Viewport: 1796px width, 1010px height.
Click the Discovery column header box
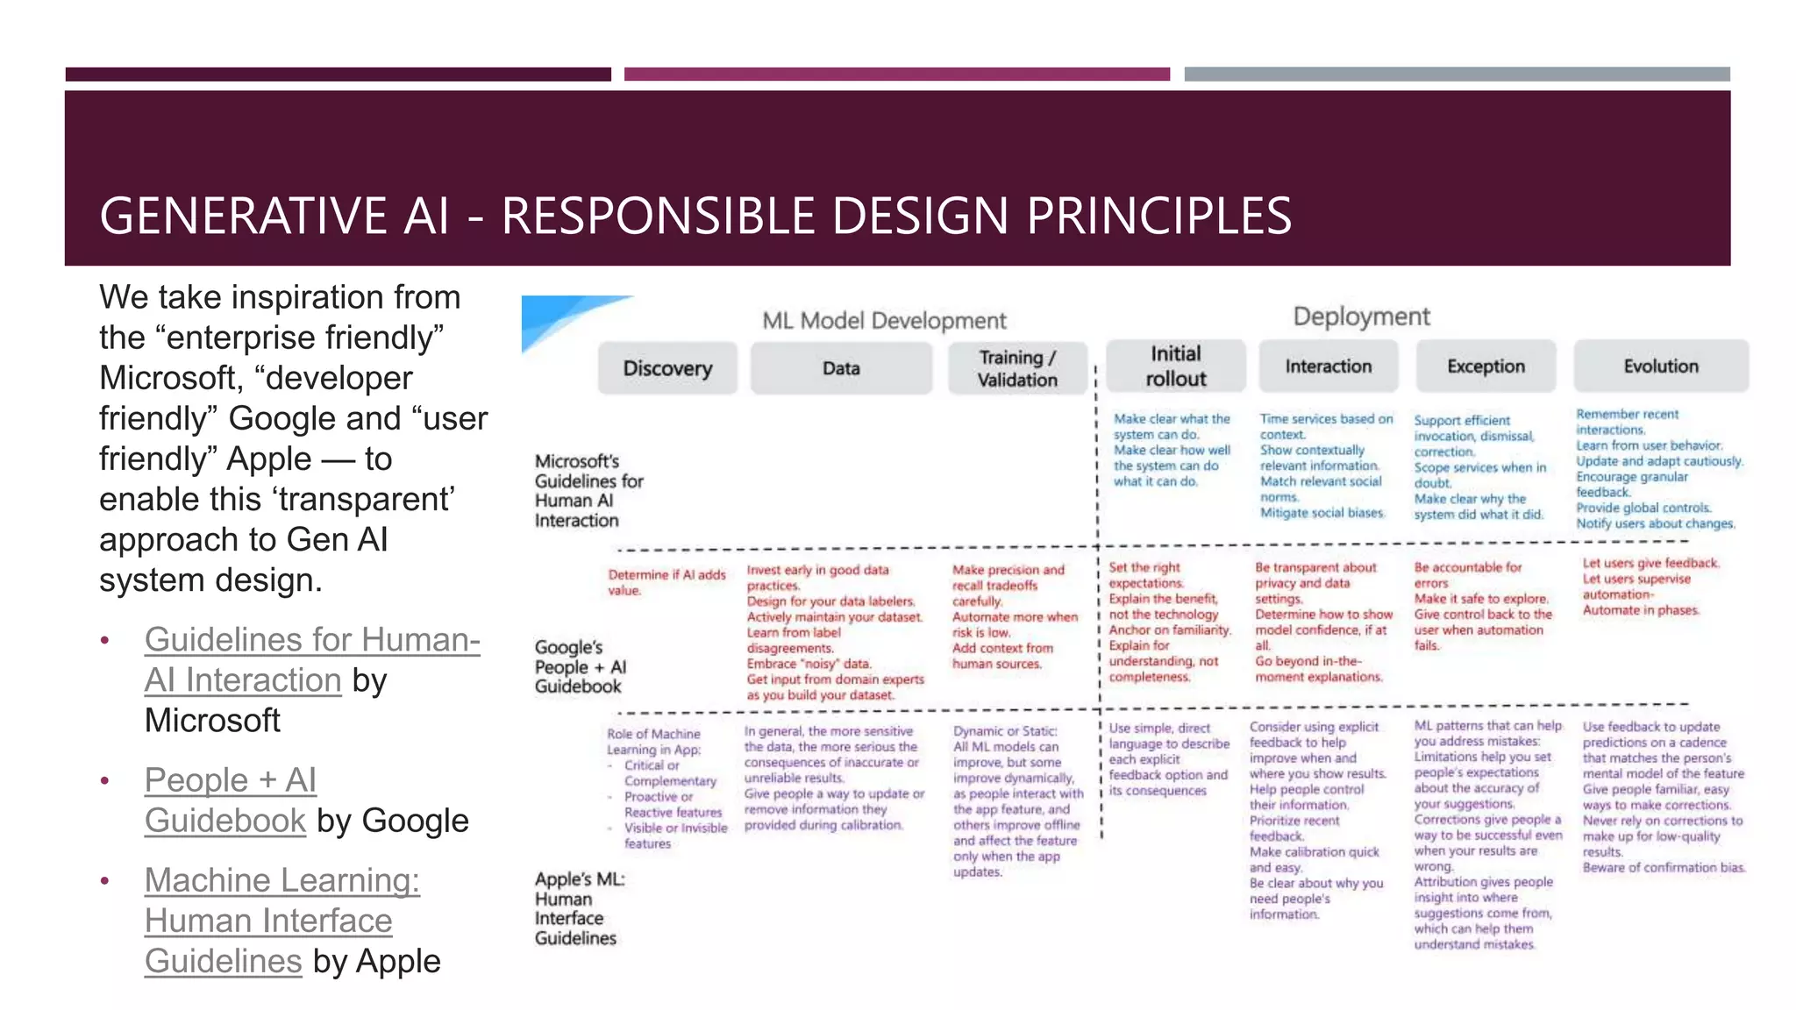click(x=667, y=368)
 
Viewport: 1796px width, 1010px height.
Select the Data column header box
click(x=841, y=368)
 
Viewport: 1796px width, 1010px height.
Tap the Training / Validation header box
click(x=1017, y=368)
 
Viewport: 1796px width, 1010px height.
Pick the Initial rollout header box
click(x=1175, y=366)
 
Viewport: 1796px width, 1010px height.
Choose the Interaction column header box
click(x=1329, y=366)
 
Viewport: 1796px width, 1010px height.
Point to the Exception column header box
click(x=1486, y=366)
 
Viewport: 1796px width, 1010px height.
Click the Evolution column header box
click(x=1660, y=366)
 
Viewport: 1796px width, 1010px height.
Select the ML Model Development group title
click(x=884, y=321)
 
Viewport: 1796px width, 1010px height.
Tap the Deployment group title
click(x=1361, y=317)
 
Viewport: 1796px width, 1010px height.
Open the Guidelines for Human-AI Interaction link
click(x=311, y=659)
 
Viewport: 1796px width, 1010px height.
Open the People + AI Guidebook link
click(x=230, y=800)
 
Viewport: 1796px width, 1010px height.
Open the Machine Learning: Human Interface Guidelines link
click(x=282, y=921)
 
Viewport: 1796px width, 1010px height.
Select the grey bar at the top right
click(x=1457, y=75)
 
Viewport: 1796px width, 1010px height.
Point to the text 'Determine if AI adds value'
click(x=666, y=582)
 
